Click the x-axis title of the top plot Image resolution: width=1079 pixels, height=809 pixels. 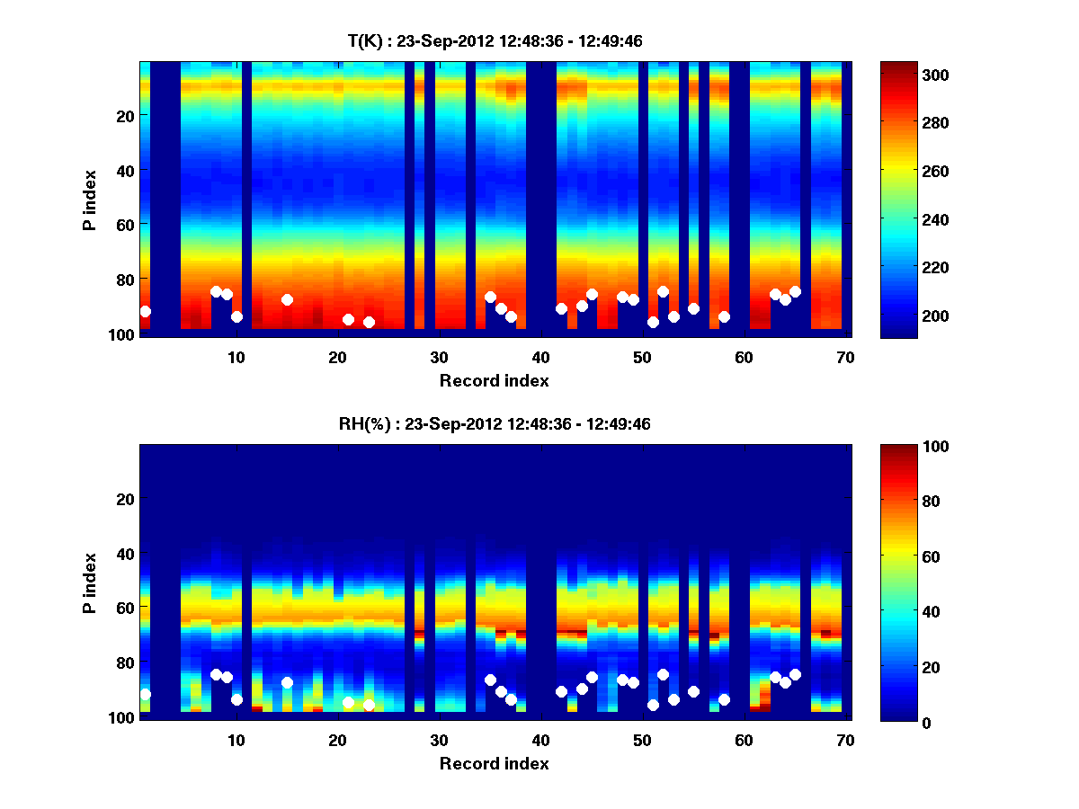(x=494, y=380)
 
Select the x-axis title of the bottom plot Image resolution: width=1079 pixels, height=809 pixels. (x=494, y=763)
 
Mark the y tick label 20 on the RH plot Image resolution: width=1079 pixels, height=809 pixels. (x=125, y=499)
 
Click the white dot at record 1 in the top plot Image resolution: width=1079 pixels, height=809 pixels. (x=146, y=311)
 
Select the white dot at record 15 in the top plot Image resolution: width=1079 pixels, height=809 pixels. (x=287, y=299)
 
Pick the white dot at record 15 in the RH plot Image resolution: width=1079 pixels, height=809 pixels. (x=287, y=682)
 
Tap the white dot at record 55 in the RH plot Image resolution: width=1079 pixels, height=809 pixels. (x=693, y=691)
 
